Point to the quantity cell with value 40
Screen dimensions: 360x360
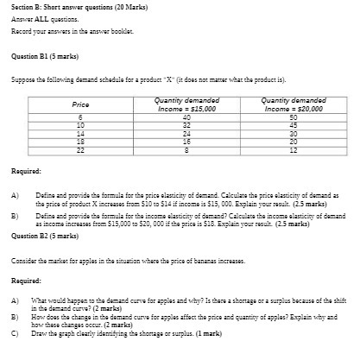(186, 117)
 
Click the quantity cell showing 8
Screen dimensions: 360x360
(186, 151)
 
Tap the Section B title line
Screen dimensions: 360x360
(79, 7)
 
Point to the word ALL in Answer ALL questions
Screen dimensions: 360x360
(40, 18)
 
